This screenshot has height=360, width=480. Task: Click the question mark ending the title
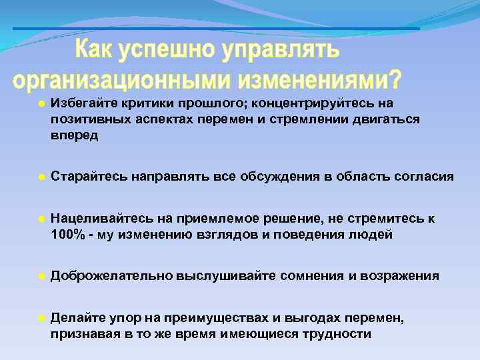[396, 79]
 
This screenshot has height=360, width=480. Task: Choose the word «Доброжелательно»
[111, 275]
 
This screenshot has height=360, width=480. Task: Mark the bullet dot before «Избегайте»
[41, 104]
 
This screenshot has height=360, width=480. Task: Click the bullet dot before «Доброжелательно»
[41, 276]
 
